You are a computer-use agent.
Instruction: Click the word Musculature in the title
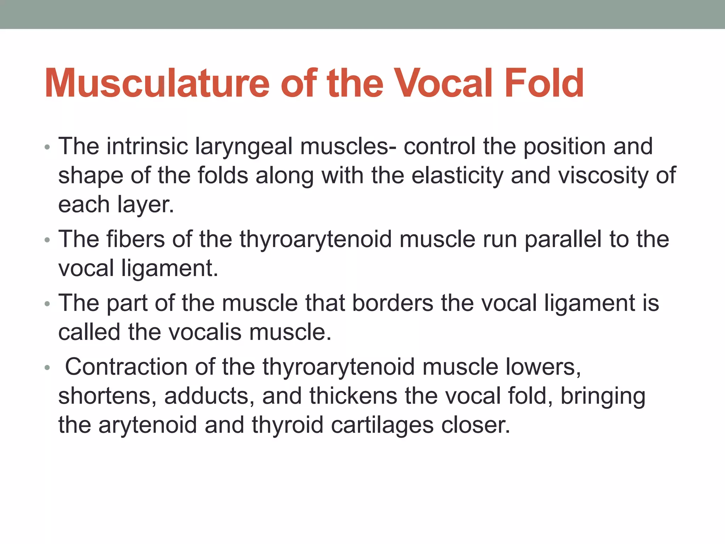(157, 84)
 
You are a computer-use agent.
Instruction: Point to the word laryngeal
(244, 147)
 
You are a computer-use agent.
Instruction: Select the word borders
(393, 303)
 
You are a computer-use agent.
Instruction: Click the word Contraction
(126, 367)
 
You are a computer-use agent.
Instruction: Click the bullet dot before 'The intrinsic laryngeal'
(47, 147)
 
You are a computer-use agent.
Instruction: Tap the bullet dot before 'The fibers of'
(47, 240)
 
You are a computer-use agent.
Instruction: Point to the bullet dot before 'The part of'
(47, 304)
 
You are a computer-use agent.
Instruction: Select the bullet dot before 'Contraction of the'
(47, 368)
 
